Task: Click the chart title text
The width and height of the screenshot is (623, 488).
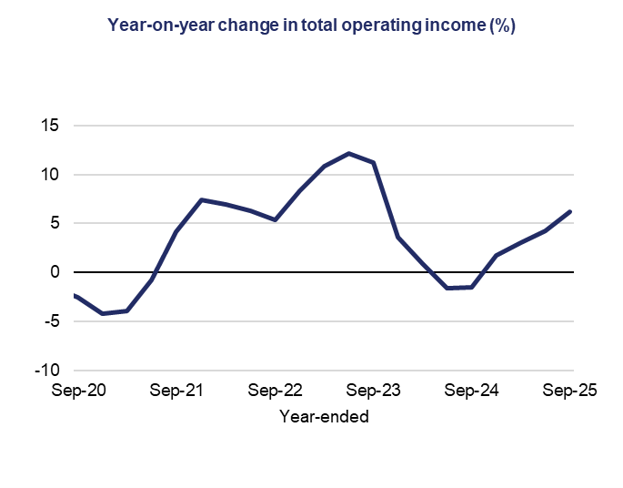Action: [x=311, y=25]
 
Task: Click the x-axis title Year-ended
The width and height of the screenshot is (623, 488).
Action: [x=324, y=417]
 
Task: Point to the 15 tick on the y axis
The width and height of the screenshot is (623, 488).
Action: [x=50, y=126]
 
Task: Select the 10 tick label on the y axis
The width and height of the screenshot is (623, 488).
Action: [x=50, y=175]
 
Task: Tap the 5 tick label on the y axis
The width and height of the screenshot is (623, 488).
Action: [x=55, y=224]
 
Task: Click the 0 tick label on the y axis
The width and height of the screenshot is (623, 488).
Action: [x=55, y=272]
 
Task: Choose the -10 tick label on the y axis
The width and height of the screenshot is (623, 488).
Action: [x=48, y=371]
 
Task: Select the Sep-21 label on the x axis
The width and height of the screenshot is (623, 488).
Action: [x=176, y=391]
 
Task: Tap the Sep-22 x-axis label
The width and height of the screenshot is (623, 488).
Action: [x=275, y=391]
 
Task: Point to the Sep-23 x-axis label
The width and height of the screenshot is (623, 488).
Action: [x=374, y=391]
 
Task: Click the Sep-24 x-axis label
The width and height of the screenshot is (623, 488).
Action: [x=473, y=391]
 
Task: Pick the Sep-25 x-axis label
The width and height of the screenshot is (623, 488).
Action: [x=570, y=391]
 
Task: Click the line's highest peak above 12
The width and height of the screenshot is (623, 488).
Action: [x=349, y=153]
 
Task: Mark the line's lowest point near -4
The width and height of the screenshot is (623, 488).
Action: [x=102, y=313]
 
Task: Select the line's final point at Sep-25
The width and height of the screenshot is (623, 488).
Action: [x=570, y=211]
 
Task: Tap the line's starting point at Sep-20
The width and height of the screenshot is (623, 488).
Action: [x=76, y=295]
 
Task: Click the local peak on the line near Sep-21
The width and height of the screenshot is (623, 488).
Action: [x=201, y=199]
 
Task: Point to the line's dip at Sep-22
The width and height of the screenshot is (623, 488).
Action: [x=275, y=219]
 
